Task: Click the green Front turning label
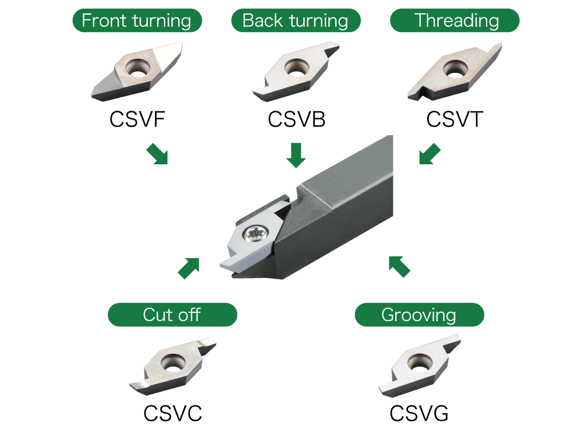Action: click(x=137, y=21)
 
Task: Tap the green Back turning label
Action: click(x=296, y=21)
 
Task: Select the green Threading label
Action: click(x=455, y=21)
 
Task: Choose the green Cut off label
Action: click(x=172, y=315)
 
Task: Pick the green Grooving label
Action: click(x=419, y=315)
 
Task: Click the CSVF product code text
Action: click(x=137, y=120)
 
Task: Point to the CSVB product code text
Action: click(x=296, y=120)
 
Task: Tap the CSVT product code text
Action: click(x=455, y=120)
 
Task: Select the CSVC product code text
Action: click(x=173, y=414)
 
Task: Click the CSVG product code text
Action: click(x=419, y=414)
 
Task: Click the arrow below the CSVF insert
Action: click(x=157, y=154)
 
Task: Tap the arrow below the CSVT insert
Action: click(x=430, y=154)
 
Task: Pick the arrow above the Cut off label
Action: click(x=189, y=268)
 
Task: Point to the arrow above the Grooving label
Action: click(x=399, y=266)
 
